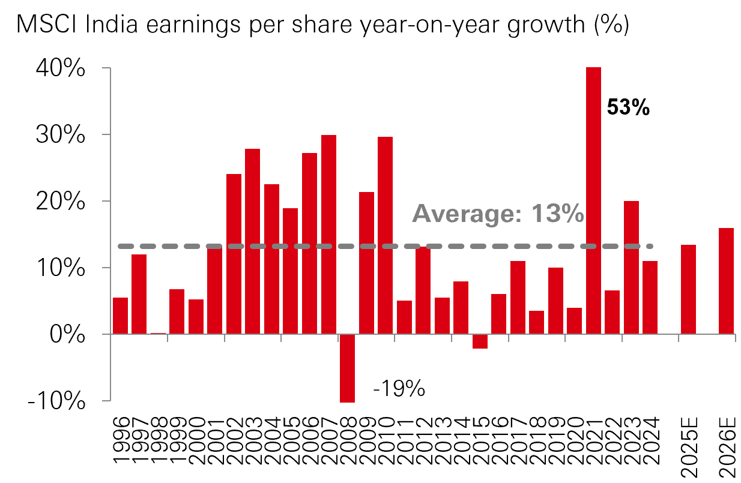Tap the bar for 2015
(x=480, y=341)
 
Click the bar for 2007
(x=328, y=234)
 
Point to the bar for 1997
(x=139, y=294)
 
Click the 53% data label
(x=628, y=107)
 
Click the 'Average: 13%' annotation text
(x=498, y=214)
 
